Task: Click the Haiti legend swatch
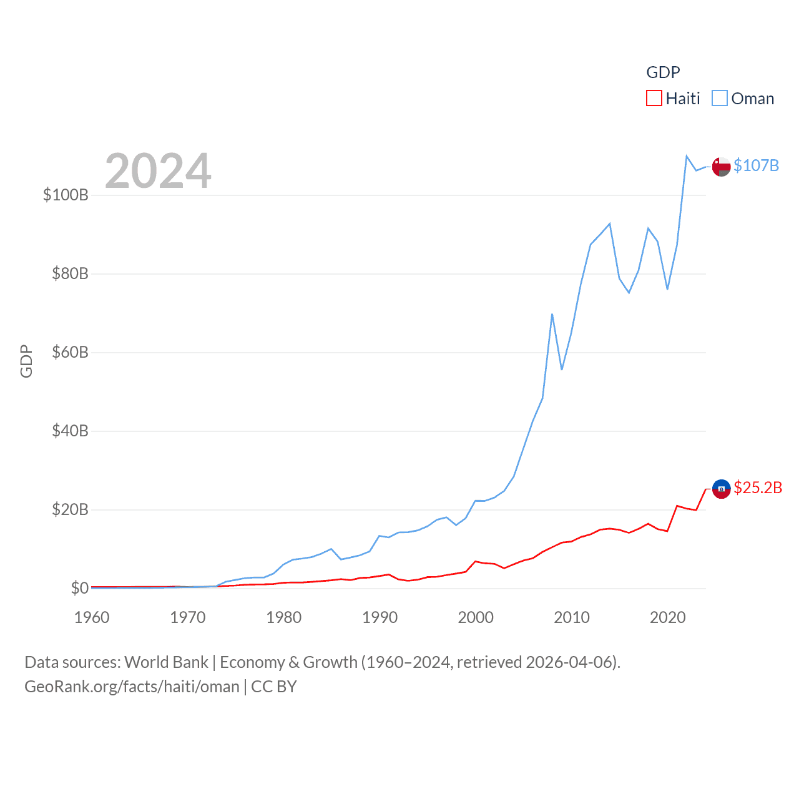tap(654, 99)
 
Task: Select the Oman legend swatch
tap(720, 99)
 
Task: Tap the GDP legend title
tap(663, 72)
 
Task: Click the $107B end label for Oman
tap(756, 165)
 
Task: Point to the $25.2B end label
tap(758, 488)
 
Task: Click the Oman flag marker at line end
tap(721, 167)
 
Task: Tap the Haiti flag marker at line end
tap(721, 489)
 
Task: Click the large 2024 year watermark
tap(158, 171)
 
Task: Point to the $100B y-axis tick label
tap(66, 195)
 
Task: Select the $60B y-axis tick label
tap(70, 352)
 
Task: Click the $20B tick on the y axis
tap(70, 509)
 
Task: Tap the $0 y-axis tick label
tap(79, 588)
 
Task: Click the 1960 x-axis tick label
tap(92, 617)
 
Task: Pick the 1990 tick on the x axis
tap(380, 617)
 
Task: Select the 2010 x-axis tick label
tap(572, 617)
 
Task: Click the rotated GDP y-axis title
tap(26, 361)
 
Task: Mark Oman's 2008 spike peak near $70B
tap(552, 314)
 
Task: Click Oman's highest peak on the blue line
tap(687, 156)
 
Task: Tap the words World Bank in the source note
tap(166, 662)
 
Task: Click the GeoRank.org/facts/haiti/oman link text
tap(132, 687)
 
